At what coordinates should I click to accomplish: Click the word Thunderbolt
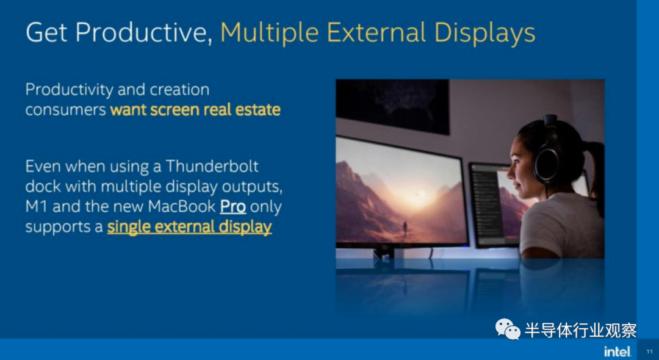pyautogui.click(x=212, y=166)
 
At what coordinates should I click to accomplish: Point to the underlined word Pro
pyautogui.click(x=233, y=207)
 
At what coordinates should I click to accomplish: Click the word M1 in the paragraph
pyautogui.click(x=35, y=207)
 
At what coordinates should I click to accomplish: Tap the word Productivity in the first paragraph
pyautogui.click(x=70, y=90)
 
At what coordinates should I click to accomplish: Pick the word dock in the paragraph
pyautogui.click(x=43, y=186)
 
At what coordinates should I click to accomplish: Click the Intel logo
pyautogui.click(x=618, y=351)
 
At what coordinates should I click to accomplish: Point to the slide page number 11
pyautogui.click(x=649, y=351)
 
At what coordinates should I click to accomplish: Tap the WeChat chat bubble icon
pyautogui.click(x=508, y=329)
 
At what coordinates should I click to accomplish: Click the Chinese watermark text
pyautogui.click(x=580, y=330)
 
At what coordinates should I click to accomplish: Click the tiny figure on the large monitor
pyautogui.click(x=405, y=228)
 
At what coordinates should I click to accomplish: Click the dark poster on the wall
pyautogui.click(x=392, y=106)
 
